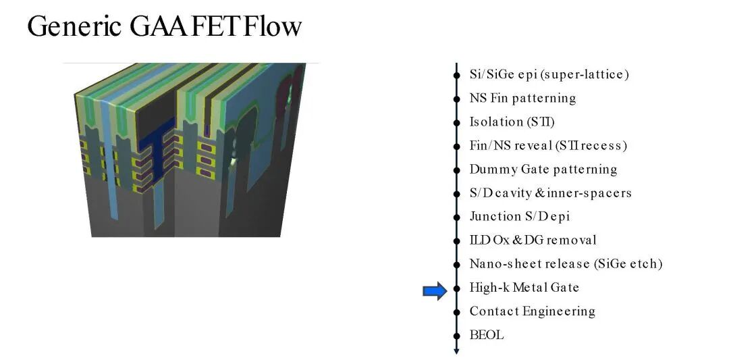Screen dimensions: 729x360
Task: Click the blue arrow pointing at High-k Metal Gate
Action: pos(435,291)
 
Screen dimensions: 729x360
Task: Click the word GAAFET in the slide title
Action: pos(184,26)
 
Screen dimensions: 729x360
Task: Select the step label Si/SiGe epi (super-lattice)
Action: pos(549,74)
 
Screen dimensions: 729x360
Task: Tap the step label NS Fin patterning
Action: pos(522,98)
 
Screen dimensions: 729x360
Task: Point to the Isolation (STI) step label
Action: pos(512,122)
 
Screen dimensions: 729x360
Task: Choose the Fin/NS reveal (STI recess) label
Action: pos(548,146)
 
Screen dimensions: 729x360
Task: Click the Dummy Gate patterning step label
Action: pos(543,170)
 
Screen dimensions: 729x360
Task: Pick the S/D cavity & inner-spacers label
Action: pos(551,193)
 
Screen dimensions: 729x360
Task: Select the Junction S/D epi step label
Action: pos(519,217)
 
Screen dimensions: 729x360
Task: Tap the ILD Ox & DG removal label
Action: pos(533,240)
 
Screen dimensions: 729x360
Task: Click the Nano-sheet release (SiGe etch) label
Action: pos(566,264)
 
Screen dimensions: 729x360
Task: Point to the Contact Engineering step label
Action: pos(533,311)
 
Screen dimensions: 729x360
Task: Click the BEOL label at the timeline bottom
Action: pos(486,335)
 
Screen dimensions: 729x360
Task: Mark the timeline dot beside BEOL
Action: pos(456,336)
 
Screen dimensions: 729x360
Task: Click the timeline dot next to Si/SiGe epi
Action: pos(456,74)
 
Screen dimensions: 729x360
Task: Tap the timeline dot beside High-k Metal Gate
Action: pos(456,288)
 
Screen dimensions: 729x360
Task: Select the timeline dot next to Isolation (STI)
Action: pos(456,122)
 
